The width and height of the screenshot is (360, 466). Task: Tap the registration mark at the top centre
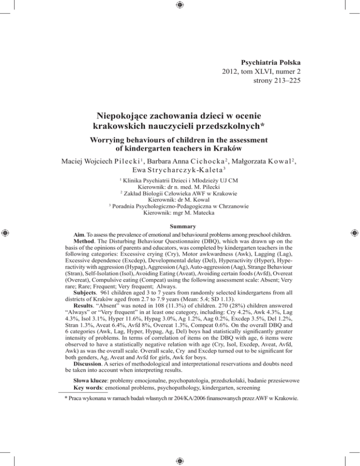pyautogui.click(x=180, y=6)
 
